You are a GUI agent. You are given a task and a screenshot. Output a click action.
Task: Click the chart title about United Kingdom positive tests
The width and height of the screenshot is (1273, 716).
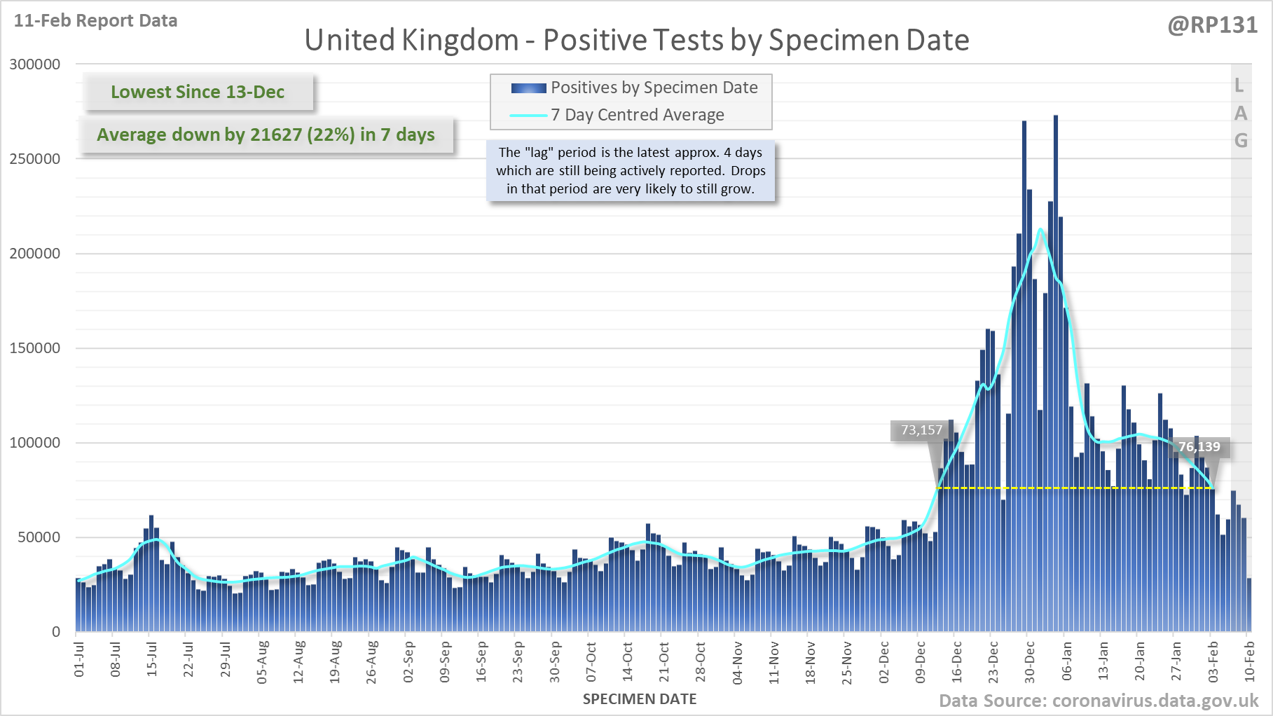(x=636, y=41)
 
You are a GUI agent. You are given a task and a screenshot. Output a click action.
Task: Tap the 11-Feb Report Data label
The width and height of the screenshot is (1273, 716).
(x=95, y=21)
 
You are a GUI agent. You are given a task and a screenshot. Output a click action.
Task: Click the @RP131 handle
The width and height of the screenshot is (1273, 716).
(x=1212, y=25)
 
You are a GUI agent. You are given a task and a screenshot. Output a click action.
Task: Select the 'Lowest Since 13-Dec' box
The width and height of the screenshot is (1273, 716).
(x=198, y=92)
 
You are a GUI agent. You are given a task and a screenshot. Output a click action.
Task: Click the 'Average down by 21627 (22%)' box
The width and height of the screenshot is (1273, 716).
(x=266, y=135)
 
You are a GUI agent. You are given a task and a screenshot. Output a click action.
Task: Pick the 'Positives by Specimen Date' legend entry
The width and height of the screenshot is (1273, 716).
(x=654, y=88)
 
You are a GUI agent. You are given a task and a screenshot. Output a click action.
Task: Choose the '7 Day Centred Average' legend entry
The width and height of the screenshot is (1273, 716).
(x=637, y=115)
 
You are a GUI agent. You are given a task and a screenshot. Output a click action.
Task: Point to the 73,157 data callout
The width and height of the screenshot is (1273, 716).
(x=921, y=430)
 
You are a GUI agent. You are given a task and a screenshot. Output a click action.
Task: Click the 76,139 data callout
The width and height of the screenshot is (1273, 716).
(x=1199, y=447)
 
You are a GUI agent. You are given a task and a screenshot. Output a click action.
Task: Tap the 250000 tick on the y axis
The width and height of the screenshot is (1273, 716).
(x=35, y=159)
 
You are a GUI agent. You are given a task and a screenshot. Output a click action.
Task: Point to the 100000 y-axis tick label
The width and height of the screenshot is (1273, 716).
(x=35, y=443)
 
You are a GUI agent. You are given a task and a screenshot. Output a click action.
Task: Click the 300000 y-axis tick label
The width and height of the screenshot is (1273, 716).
(x=35, y=64)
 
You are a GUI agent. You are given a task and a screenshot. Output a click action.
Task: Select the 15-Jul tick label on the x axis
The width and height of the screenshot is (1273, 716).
(x=152, y=659)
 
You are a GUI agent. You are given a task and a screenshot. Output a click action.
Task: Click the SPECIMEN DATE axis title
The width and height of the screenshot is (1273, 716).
(x=640, y=699)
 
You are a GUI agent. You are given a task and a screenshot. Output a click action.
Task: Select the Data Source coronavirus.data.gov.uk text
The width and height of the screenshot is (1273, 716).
(x=1099, y=701)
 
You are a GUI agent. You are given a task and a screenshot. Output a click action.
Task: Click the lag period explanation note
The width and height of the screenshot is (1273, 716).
(x=631, y=171)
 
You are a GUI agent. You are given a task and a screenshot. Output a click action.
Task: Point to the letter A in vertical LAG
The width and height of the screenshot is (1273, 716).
(x=1241, y=113)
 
